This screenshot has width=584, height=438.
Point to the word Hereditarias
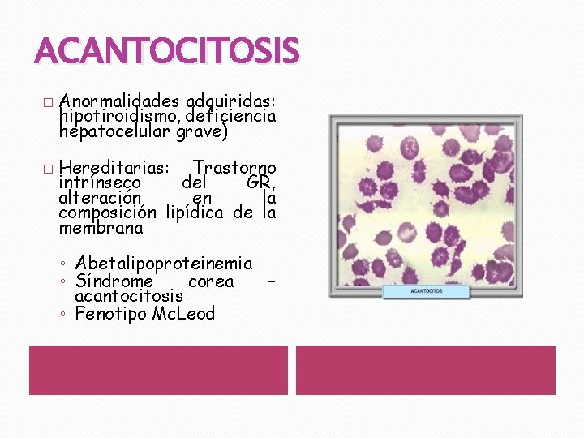coord(114,168)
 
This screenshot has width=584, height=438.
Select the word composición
coord(107,213)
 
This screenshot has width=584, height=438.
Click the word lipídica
coord(195,213)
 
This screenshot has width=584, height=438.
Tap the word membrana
coord(101,228)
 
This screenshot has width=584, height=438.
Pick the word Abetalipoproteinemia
coord(163,264)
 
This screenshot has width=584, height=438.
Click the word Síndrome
coord(114,281)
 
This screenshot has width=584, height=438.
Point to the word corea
coord(211,281)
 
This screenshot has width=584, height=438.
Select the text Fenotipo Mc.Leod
coord(144,313)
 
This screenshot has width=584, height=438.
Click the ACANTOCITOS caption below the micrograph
coord(427,290)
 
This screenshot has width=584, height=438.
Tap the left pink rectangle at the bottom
coord(158,370)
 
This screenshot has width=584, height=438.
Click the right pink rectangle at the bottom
coord(425,370)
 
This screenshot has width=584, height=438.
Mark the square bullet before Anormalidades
coord(47,103)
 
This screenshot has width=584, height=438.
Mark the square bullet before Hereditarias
coord(47,169)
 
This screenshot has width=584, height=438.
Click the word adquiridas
coord(231,101)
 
